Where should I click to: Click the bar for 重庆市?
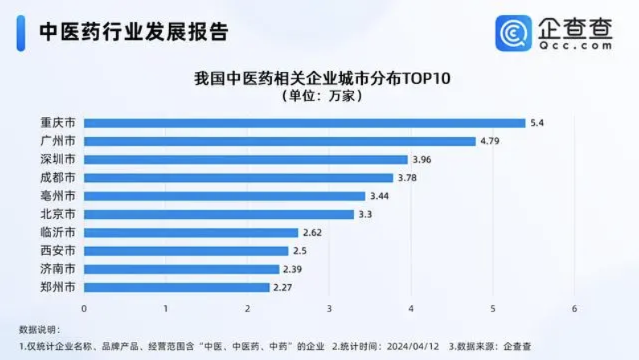(305, 123)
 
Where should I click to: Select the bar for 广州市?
(280, 141)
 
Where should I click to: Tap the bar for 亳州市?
(224, 196)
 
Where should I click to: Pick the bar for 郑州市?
(177, 288)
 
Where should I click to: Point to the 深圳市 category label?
(57, 159)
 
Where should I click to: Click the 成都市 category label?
(57, 178)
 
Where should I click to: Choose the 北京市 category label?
(57, 214)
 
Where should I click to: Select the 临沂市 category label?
(57, 232)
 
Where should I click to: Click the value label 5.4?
(536, 123)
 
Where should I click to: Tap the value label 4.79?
(490, 141)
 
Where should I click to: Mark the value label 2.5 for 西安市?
(300, 251)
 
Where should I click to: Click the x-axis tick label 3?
(329, 309)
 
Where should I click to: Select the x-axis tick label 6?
(574, 309)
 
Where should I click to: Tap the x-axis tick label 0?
(84, 309)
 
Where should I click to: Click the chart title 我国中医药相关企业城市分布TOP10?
(322, 79)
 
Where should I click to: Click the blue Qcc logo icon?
(513, 33)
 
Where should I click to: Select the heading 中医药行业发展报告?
(133, 32)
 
